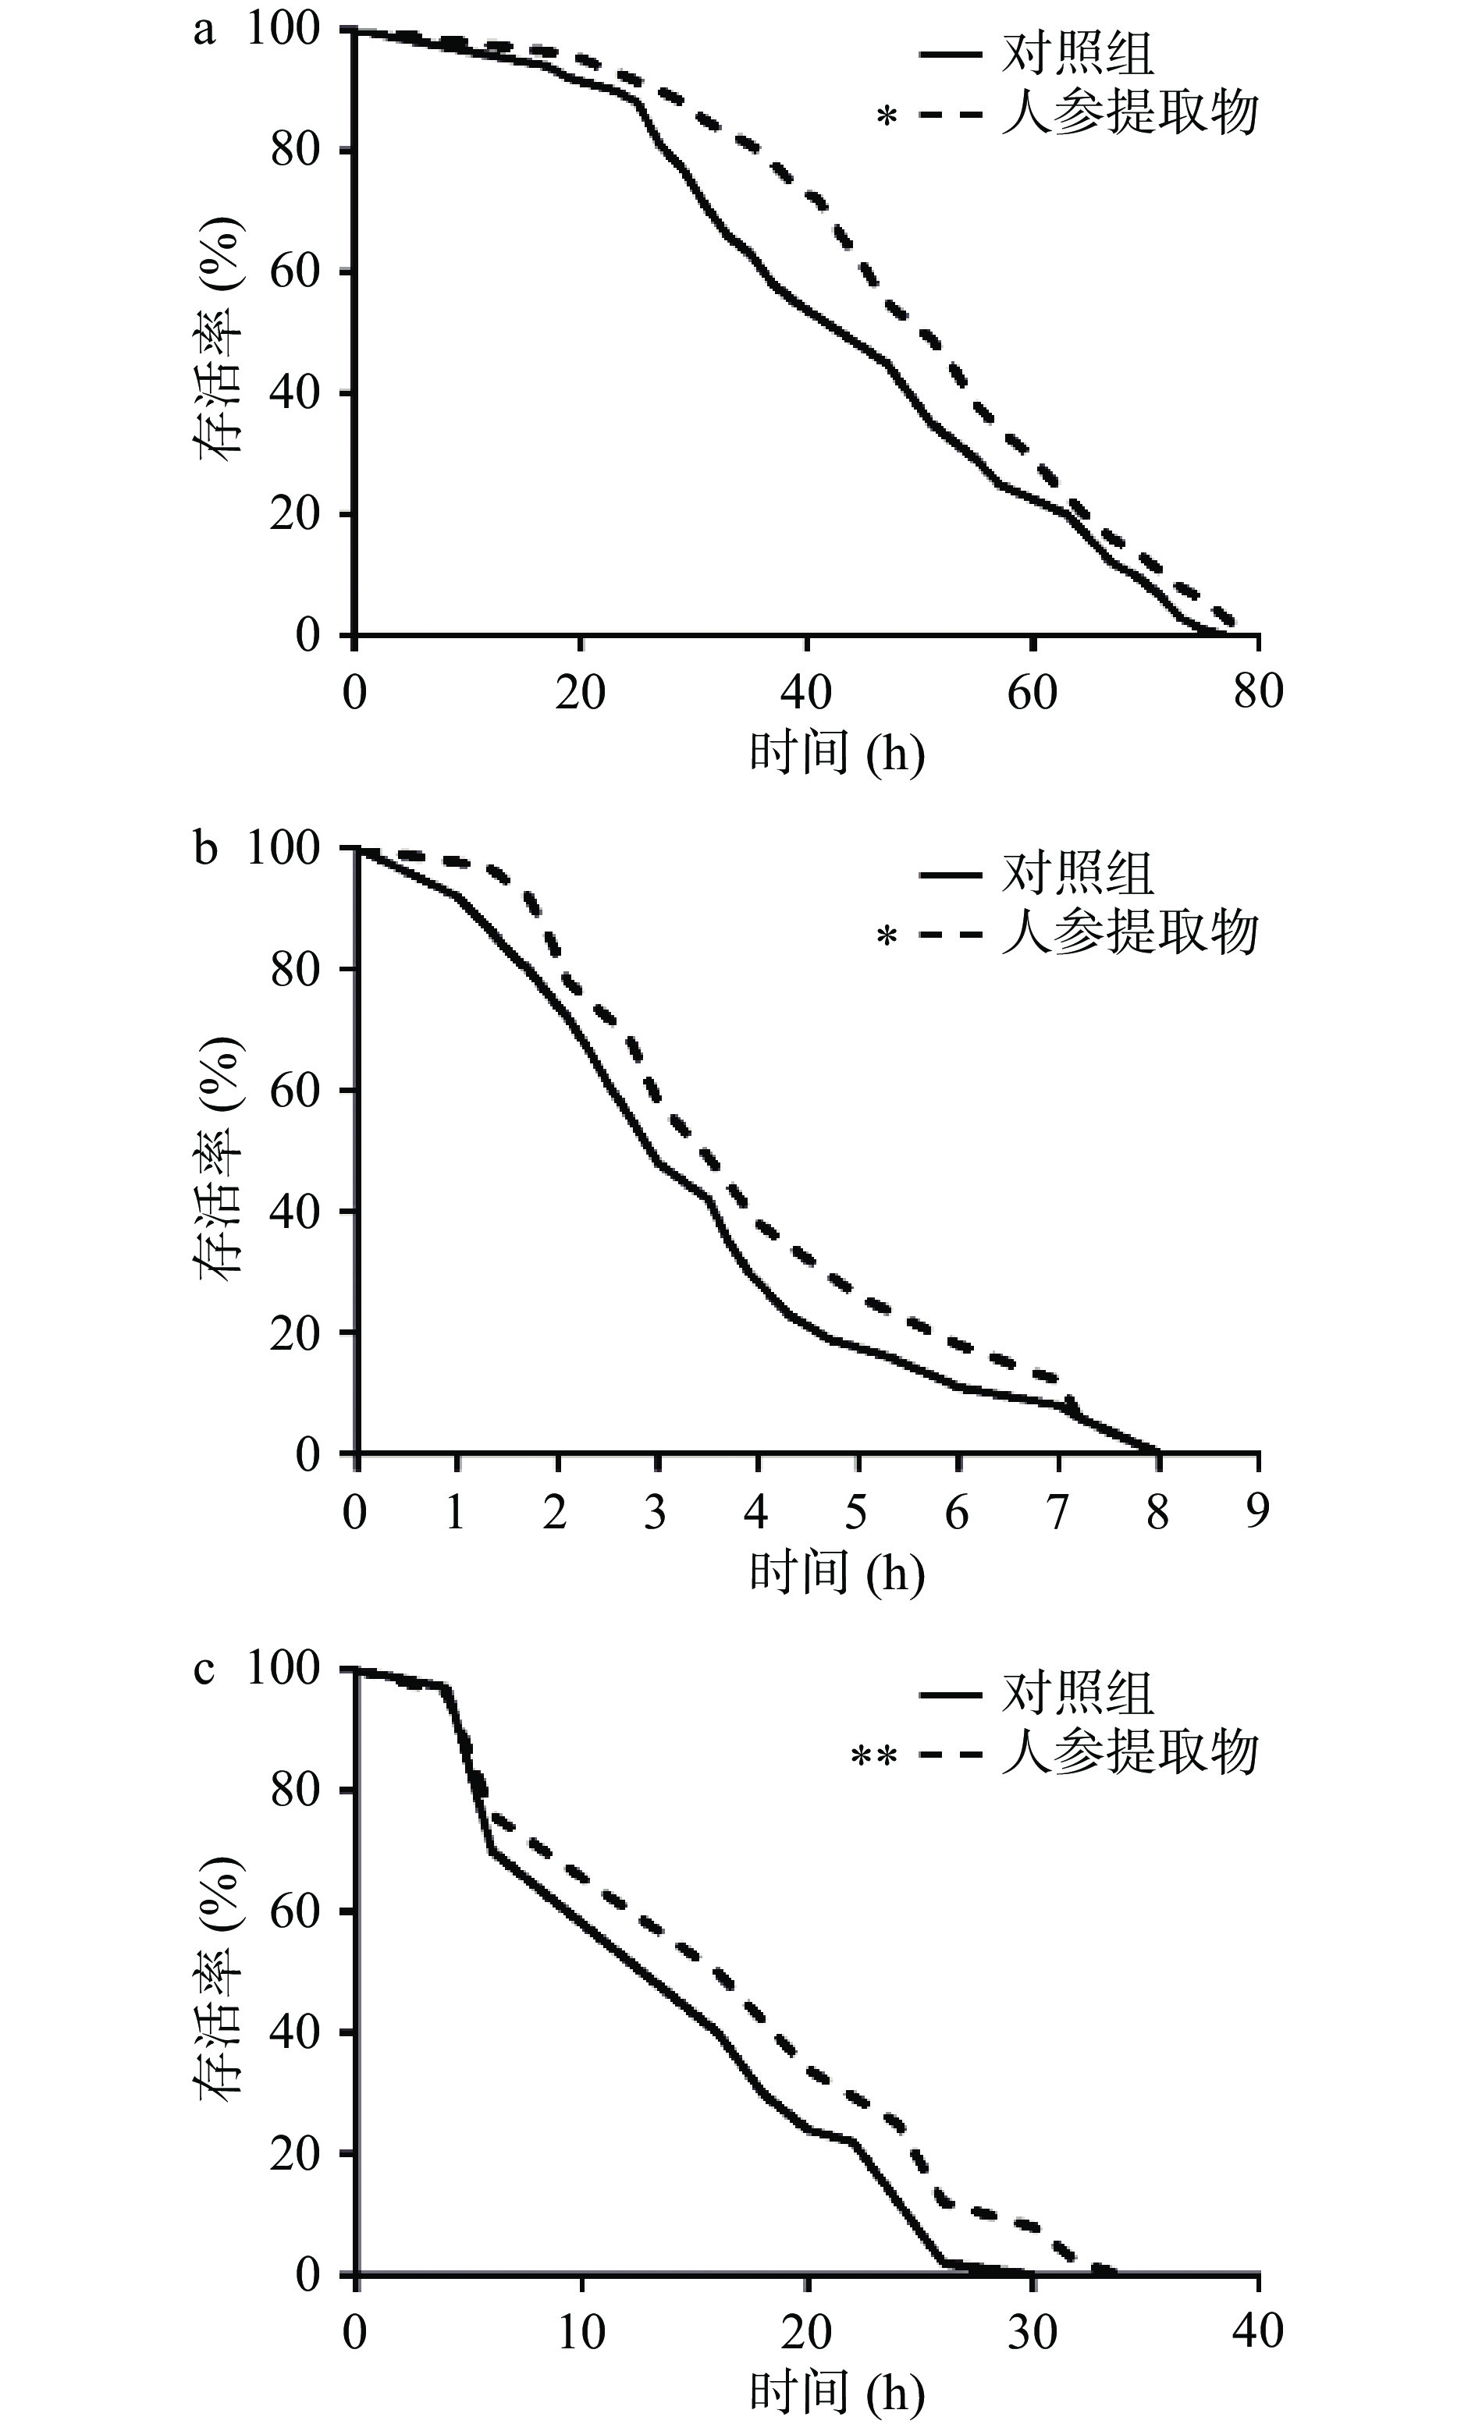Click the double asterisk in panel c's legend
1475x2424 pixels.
[x=874, y=1757]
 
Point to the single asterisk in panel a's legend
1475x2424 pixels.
[x=887, y=118]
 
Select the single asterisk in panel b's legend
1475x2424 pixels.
[x=887, y=936]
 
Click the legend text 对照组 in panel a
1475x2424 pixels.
[x=1076, y=54]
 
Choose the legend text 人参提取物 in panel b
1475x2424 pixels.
[x=1129, y=932]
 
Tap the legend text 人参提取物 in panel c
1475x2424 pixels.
[x=1129, y=1753]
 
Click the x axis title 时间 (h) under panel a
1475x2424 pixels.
[x=837, y=754]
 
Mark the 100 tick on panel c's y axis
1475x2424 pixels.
[x=283, y=1670]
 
